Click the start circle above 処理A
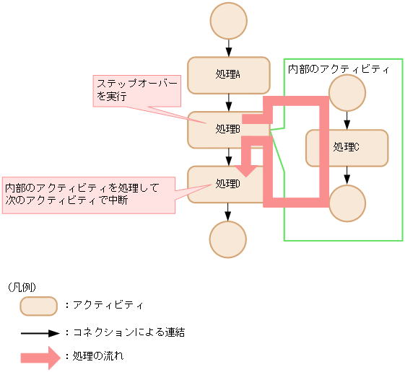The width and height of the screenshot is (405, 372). click(x=229, y=22)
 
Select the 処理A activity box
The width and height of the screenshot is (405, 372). click(x=228, y=75)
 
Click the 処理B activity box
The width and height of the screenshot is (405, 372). click(x=217, y=130)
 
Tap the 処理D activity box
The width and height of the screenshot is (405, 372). click(x=217, y=184)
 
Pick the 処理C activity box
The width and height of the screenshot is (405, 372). click(x=347, y=148)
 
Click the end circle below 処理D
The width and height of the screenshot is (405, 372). click(x=229, y=239)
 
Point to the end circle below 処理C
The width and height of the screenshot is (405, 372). click(x=347, y=203)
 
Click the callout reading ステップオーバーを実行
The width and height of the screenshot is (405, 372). click(x=137, y=90)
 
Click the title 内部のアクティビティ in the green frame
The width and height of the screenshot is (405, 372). click(x=339, y=69)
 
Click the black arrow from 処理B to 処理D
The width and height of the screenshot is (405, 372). click(x=229, y=156)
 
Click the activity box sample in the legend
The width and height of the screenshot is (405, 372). click(x=38, y=306)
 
